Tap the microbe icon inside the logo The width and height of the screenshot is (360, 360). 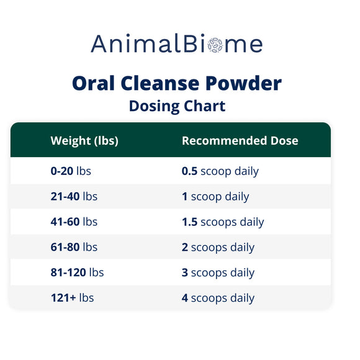(x=215, y=45)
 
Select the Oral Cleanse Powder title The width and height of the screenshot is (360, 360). (x=177, y=83)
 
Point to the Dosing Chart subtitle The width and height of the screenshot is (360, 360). (x=177, y=106)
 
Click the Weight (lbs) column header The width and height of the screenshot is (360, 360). (x=84, y=141)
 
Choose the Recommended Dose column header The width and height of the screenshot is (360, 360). (x=240, y=141)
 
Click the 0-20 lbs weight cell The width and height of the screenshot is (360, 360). (x=71, y=171)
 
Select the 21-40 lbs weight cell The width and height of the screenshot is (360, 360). (x=74, y=197)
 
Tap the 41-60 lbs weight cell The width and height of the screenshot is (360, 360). (x=74, y=222)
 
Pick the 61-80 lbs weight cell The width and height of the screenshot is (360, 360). (x=74, y=247)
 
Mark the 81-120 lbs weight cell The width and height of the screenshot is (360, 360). (x=77, y=272)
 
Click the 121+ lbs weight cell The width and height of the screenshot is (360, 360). (x=72, y=298)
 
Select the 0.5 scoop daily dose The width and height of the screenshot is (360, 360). (x=220, y=171)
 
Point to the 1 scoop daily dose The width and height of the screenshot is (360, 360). (x=215, y=197)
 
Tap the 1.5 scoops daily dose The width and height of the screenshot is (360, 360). (x=223, y=222)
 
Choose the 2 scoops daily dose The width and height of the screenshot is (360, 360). (x=218, y=247)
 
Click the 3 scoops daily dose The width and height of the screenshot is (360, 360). (x=218, y=272)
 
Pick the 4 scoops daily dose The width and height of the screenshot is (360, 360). (x=218, y=298)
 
